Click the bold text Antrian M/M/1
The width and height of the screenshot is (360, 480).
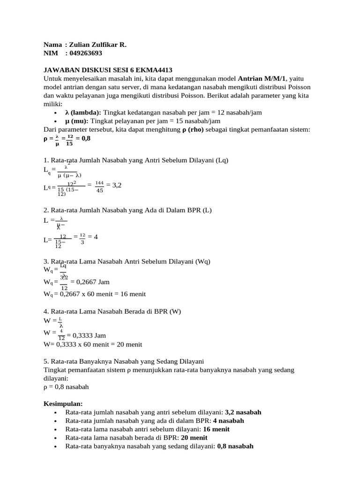pyautogui.click(x=262, y=78)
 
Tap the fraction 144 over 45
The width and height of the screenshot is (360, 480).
pyautogui.click(x=99, y=187)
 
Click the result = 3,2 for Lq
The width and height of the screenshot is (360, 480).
pyautogui.click(x=114, y=185)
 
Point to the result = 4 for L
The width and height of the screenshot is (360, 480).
pyautogui.click(x=92, y=237)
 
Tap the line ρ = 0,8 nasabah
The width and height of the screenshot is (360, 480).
pyautogui.click(x=66, y=387)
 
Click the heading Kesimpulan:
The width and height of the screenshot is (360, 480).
pyautogui.click(x=63, y=404)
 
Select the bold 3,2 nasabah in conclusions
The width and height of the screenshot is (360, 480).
pyautogui.click(x=243, y=412)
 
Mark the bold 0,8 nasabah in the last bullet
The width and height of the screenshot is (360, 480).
pyautogui.click(x=235, y=446)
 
